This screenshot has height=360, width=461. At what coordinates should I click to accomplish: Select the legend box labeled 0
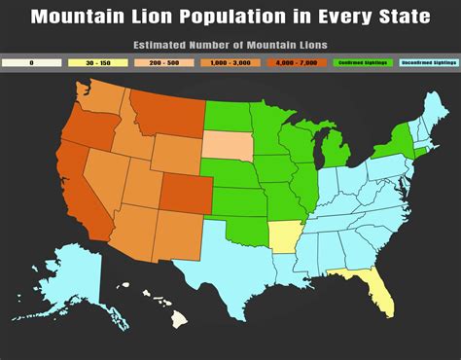coord(31,62)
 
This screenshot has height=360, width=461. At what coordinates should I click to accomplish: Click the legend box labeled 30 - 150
coord(97,62)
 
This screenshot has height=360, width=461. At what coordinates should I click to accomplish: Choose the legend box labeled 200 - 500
coord(162,62)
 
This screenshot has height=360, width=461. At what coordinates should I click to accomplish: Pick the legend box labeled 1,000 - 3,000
coord(230,62)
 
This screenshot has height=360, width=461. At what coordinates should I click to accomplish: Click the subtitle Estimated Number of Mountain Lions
coord(230,45)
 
